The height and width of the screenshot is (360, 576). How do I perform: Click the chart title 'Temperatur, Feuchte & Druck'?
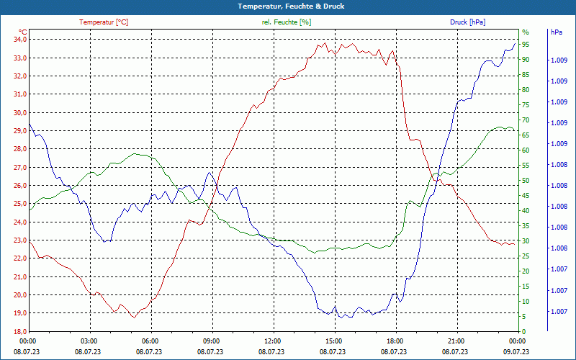287,6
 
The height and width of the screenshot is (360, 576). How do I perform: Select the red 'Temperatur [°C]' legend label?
104,22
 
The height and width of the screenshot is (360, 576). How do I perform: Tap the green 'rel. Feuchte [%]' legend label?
287,22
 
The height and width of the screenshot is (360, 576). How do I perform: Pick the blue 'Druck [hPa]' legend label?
467,22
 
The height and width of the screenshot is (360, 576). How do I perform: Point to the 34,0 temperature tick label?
19,40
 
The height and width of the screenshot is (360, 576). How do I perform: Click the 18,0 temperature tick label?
19,331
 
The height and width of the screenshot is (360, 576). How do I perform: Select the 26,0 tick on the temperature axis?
19,185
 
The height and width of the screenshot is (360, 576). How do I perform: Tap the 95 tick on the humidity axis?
526,45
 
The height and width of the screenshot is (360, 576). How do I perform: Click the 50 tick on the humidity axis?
526,181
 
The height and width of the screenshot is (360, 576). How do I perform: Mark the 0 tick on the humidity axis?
524,331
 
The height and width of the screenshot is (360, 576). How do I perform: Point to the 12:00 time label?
272,341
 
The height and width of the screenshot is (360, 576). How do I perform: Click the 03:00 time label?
89,341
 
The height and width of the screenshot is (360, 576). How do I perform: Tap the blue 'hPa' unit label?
556,32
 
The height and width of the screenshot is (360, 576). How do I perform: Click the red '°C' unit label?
23,32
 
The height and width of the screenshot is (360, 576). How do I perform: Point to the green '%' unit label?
526,32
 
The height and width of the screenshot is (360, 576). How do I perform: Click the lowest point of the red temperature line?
134,317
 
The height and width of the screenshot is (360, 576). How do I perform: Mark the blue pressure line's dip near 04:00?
105,241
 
